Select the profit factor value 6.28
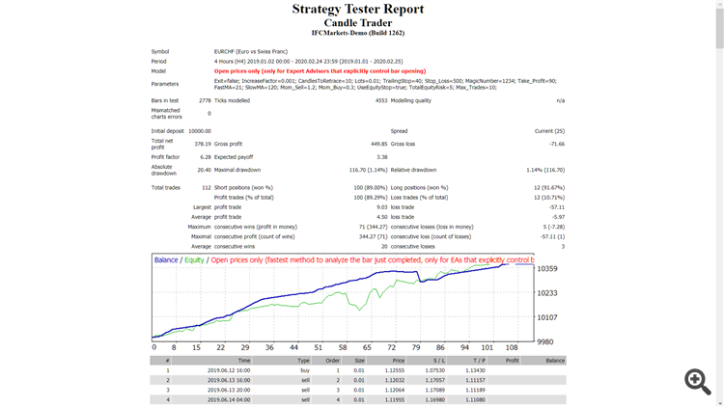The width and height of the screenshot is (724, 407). point(205,156)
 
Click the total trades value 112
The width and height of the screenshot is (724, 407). point(205,186)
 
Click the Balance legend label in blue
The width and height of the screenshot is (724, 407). point(166,260)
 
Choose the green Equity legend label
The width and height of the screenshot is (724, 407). point(194,260)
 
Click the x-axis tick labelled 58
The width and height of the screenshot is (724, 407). point(340,347)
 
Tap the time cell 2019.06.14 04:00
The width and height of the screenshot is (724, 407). point(228,400)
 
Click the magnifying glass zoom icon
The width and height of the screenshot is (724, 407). point(697,381)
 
